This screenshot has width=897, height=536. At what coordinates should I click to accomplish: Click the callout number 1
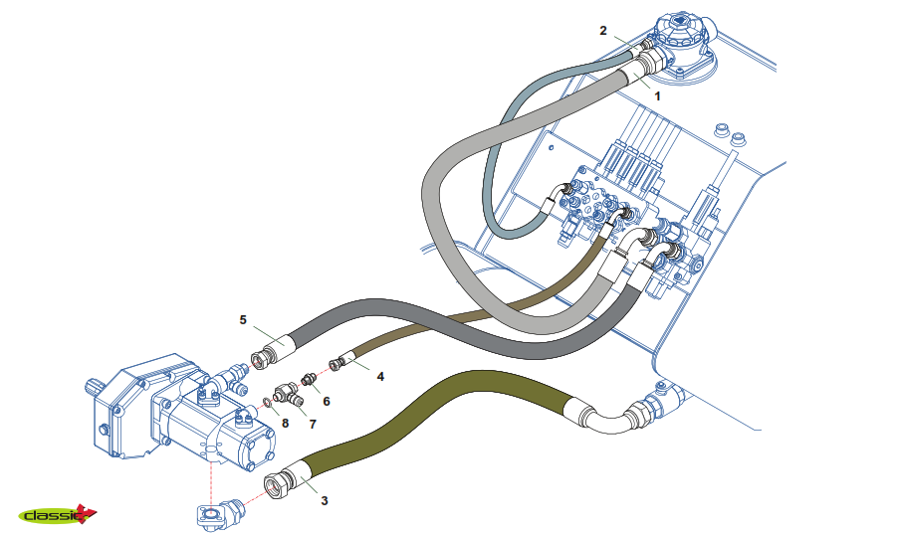(657, 96)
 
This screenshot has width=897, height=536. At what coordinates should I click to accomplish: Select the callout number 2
(603, 31)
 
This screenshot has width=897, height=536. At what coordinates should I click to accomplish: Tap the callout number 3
(324, 501)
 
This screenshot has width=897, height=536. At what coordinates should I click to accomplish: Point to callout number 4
(380, 377)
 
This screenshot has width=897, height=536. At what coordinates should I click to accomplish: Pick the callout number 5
(242, 320)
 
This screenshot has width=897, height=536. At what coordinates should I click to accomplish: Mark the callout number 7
(312, 424)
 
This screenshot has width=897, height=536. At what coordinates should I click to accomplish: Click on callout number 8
(285, 423)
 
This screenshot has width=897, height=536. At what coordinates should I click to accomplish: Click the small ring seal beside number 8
(266, 403)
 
